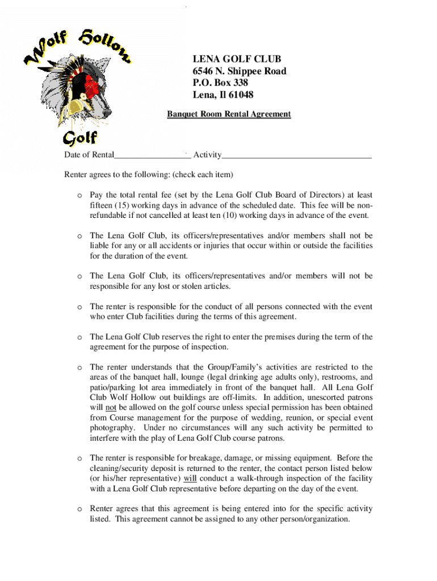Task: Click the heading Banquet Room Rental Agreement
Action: pyautogui.click(x=229, y=114)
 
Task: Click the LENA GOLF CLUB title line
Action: pyautogui.click(x=237, y=59)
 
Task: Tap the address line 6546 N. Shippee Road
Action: pyautogui.click(x=239, y=71)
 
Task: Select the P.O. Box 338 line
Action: pyautogui.click(x=220, y=83)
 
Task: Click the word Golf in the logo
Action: pyautogui.click(x=79, y=137)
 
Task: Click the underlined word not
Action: pyautogui.click(x=110, y=407)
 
